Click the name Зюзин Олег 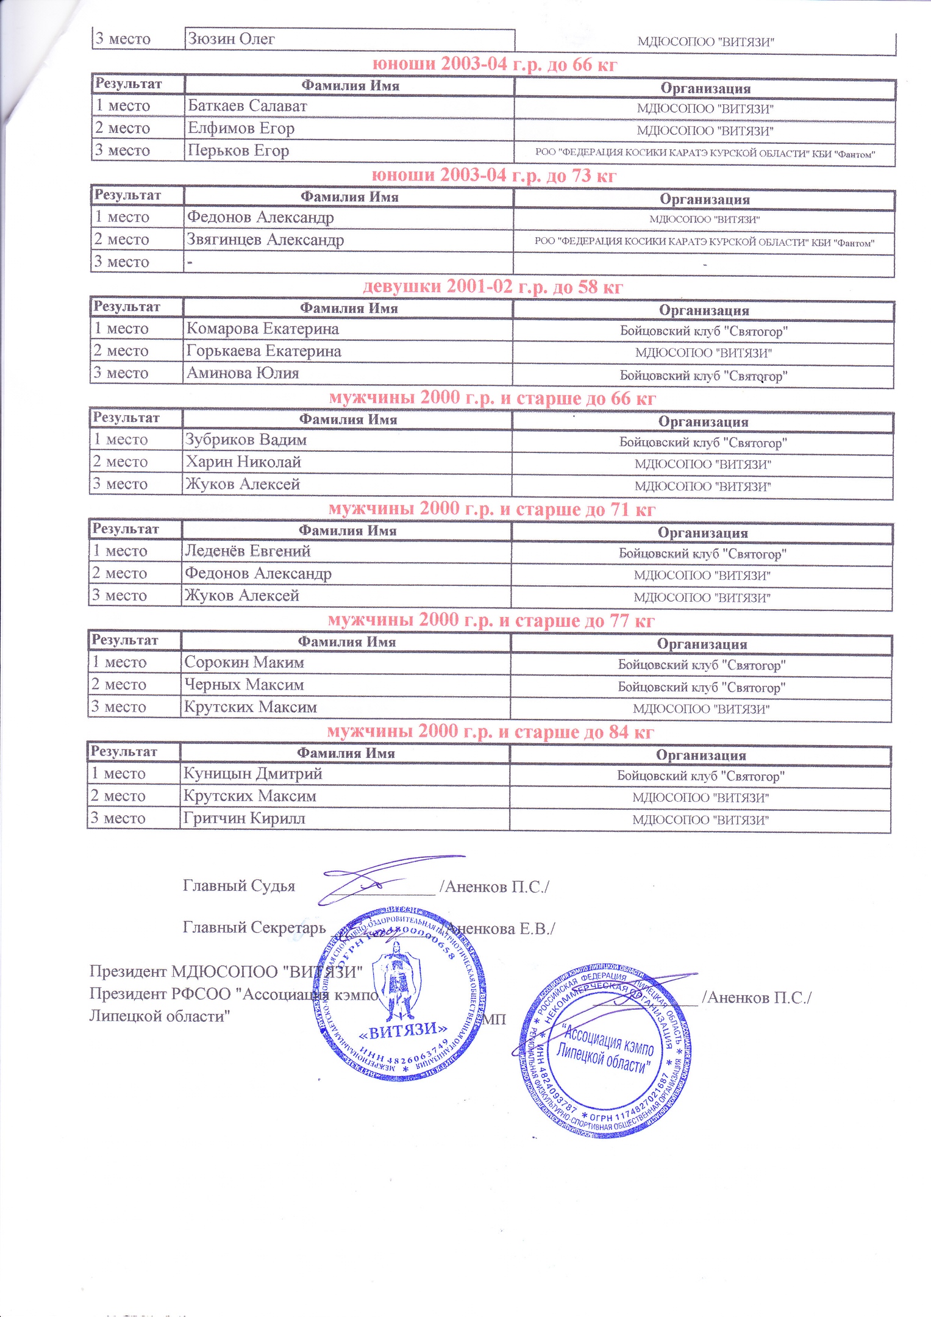(231, 39)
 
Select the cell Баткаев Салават (247, 105)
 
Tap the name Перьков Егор (238, 151)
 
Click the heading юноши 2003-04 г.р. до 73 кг (494, 176)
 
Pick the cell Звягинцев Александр (265, 240)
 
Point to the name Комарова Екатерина (262, 329)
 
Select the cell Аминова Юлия (243, 373)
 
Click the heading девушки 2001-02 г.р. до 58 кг (493, 287)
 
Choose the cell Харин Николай (243, 462)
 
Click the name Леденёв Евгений (248, 551)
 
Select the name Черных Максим (244, 685)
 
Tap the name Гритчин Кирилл (244, 818)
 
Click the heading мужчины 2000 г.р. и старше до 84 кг (490, 731)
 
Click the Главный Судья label (239, 886)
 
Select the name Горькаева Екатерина (263, 351)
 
